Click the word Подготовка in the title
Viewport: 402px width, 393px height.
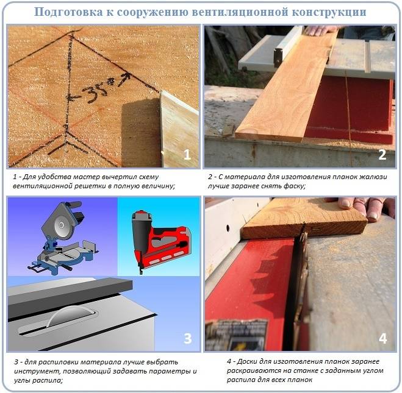[x=68, y=12]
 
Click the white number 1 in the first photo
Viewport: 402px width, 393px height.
[x=187, y=155]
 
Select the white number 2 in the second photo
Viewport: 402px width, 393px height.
[x=382, y=155]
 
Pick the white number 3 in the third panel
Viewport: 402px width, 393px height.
[x=188, y=338]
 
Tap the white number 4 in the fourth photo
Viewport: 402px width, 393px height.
[x=382, y=338]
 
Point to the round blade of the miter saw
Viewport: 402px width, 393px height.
[x=61, y=226]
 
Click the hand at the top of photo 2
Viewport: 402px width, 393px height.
[x=320, y=30]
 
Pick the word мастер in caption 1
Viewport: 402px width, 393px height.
[x=87, y=177]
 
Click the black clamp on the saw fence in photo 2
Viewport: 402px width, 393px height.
[x=278, y=57]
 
